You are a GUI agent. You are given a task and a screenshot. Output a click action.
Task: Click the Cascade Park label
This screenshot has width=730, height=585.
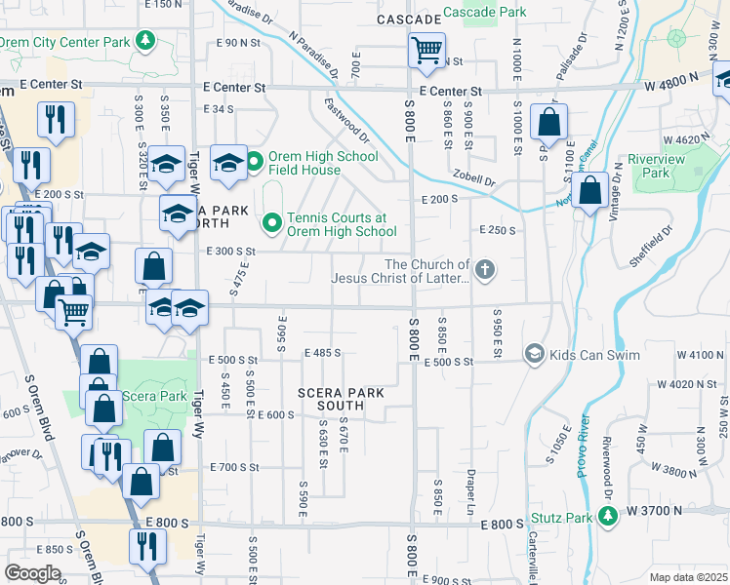(484, 13)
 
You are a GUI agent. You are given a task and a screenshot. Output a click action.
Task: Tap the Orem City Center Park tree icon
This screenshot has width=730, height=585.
(145, 41)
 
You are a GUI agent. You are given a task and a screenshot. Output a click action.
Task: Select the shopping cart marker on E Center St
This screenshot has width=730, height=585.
(426, 50)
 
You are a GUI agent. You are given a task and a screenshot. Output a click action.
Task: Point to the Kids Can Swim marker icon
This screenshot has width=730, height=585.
(534, 354)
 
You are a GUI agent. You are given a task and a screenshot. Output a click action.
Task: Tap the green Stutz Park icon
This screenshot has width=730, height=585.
(608, 517)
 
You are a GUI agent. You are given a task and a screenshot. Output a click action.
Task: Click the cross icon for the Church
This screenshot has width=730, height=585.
(485, 267)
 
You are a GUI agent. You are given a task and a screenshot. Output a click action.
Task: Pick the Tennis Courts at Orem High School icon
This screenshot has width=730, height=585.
(272, 224)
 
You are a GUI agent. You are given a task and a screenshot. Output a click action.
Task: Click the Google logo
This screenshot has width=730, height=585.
(33, 574)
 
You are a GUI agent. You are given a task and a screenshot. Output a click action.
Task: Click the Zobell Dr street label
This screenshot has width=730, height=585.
(474, 181)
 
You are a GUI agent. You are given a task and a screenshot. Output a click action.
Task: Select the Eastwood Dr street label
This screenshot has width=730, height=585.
(347, 118)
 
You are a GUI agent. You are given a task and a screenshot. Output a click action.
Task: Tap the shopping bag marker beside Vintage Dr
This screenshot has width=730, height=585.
(589, 190)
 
